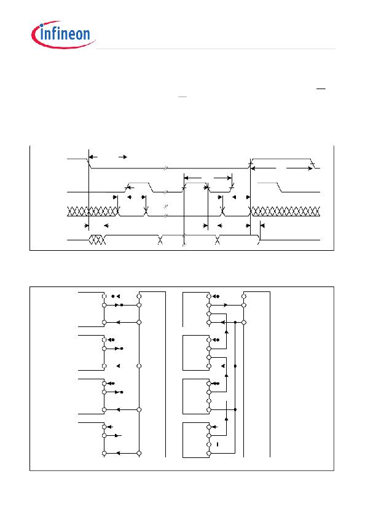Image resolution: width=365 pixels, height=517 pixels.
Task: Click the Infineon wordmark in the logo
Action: tap(65, 34)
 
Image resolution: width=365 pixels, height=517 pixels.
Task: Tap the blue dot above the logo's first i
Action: tap(42, 26)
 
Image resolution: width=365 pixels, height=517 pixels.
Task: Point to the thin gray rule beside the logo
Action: tap(216, 49)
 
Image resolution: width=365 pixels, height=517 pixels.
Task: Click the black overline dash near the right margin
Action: tap(321, 89)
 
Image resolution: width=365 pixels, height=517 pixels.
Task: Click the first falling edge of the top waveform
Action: tap(89, 163)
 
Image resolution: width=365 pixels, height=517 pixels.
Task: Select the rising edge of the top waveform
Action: tap(251, 163)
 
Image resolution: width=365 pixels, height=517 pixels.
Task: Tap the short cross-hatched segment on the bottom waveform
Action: tap(97, 240)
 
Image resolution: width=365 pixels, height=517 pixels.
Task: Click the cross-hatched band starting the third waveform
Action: tap(93, 211)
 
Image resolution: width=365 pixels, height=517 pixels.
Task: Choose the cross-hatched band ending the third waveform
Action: tap(286, 211)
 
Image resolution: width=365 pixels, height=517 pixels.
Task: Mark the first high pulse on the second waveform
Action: tap(138, 187)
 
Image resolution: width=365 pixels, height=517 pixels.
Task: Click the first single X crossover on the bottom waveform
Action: tap(160, 240)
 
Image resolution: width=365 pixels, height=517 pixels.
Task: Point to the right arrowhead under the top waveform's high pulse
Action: tap(310, 168)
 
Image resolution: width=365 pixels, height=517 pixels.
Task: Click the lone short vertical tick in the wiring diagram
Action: tap(218, 444)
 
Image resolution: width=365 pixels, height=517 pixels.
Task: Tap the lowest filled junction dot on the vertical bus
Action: tap(235, 409)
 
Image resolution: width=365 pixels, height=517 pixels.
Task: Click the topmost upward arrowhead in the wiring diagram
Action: tap(227, 331)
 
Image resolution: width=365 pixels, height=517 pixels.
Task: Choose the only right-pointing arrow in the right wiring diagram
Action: tap(225, 305)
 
